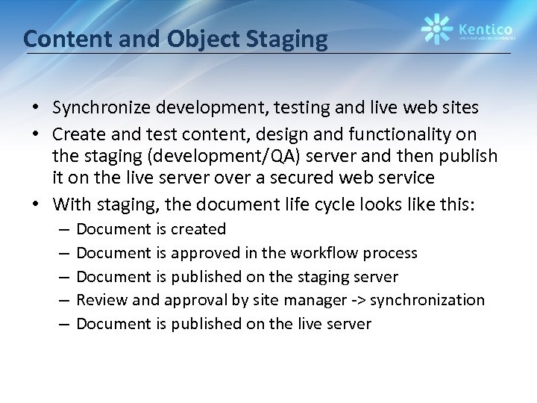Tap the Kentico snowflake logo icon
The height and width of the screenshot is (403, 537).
pyautogui.click(x=436, y=29)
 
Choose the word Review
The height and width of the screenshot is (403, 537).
pyautogui.click(x=101, y=300)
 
